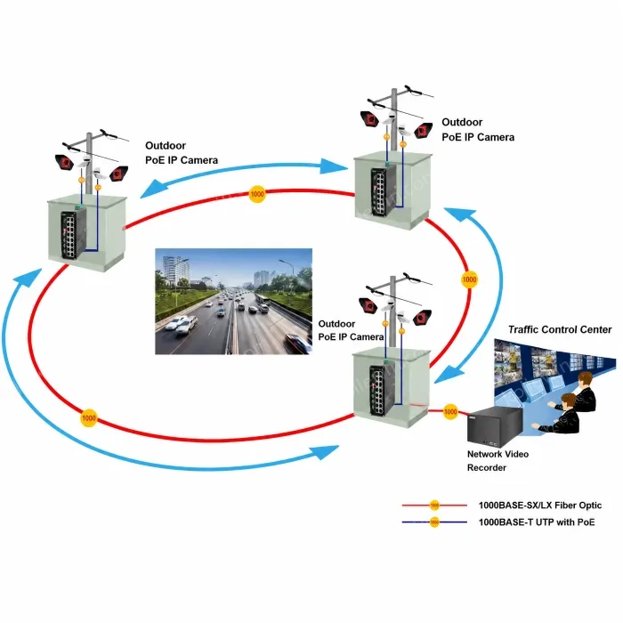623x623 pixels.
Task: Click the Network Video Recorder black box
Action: click(494, 426)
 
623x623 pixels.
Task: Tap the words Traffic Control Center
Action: click(560, 329)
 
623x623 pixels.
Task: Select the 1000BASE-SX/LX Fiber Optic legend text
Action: click(540, 506)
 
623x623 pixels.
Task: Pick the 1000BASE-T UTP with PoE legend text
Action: click(537, 522)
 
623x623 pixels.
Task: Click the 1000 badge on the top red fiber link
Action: click(257, 194)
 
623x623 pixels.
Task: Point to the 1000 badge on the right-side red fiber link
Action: click(469, 279)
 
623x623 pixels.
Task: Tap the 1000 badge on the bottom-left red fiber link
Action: click(88, 418)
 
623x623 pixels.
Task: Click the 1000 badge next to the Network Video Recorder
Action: click(450, 411)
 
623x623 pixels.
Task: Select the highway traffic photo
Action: click(233, 301)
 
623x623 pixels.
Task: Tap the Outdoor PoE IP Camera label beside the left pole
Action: click(182, 153)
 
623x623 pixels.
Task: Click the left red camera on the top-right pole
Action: click(370, 119)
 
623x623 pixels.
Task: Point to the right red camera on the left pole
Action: click(118, 174)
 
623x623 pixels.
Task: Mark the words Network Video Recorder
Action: click(498, 461)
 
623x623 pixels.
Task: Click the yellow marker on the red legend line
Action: click(434, 506)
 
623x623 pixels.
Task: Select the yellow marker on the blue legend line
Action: click(434, 522)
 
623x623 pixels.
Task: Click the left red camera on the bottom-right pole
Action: click(368, 305)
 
